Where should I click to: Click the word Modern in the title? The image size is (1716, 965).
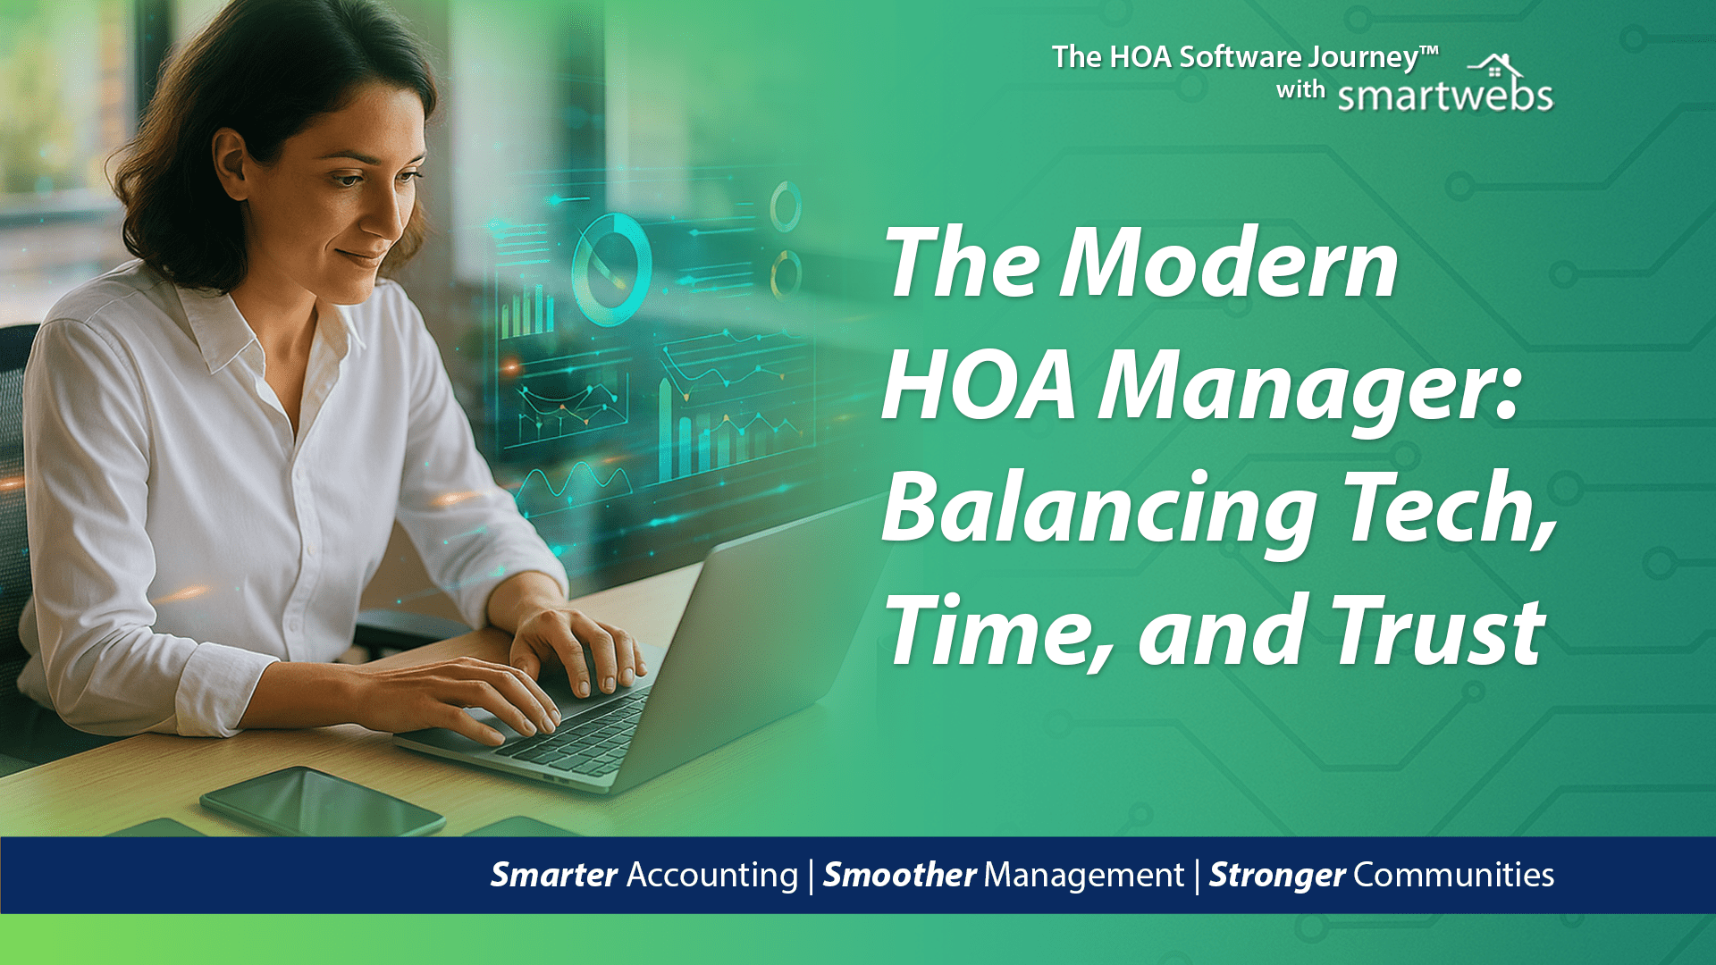[1229, 264]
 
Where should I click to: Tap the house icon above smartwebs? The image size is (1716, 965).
[1496, 66]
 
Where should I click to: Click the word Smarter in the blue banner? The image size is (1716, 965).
[554, 875]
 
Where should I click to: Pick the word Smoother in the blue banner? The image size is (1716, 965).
[899, 875]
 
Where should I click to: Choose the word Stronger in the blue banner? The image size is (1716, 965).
[1276, 875]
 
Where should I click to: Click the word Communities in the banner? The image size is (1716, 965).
[1453, 875]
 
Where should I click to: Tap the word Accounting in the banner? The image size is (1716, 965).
[712, 875]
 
